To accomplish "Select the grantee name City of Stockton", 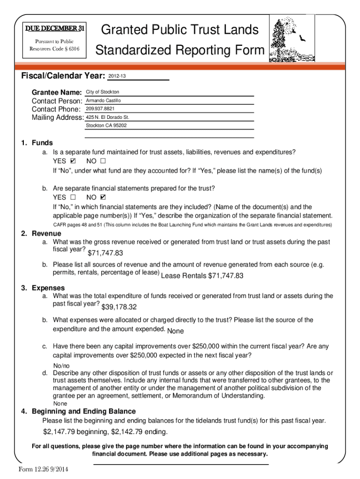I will click(x=102, y=92).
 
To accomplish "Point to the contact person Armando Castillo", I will click(x=103, y=101).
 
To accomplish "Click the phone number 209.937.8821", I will click(x=100, y=109).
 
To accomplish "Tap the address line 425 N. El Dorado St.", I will click(x=107, y=117).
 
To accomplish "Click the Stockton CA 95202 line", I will click(x=106, y=126).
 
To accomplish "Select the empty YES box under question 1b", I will click(x=73, y=197).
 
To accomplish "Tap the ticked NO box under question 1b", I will click(x=103, y=197).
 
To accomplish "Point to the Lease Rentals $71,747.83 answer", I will click(x=202, y=276).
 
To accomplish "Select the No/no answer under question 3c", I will click(x=61, y=365).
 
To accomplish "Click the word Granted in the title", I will click(x=123, y=30).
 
